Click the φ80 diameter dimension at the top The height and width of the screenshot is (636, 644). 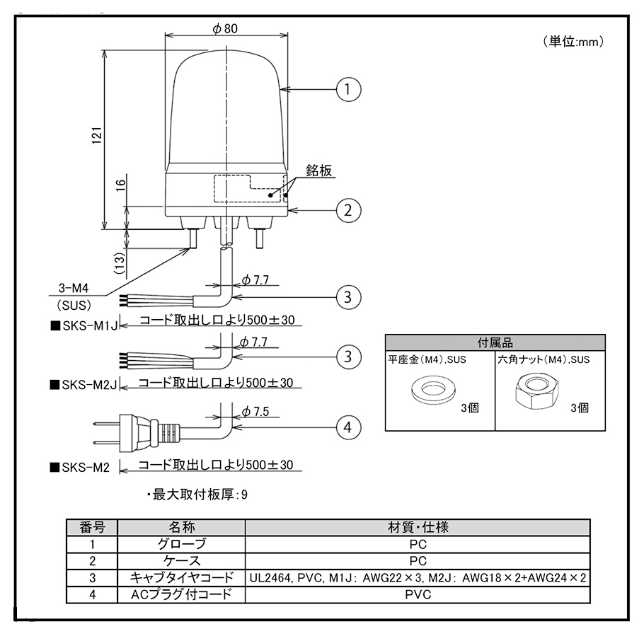coord(224,28)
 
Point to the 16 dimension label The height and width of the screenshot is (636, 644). coord(121,186)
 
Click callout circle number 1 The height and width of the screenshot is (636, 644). coord(348,89)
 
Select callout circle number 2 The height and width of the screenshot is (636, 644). coord(348,209)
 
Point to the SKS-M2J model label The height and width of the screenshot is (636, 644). coord(84,385)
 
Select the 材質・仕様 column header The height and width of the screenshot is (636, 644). coord(417,528)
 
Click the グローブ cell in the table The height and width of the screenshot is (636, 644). coord(180,544)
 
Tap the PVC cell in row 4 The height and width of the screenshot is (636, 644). coord(417,595)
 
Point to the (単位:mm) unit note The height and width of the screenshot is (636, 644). coord(573,41)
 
